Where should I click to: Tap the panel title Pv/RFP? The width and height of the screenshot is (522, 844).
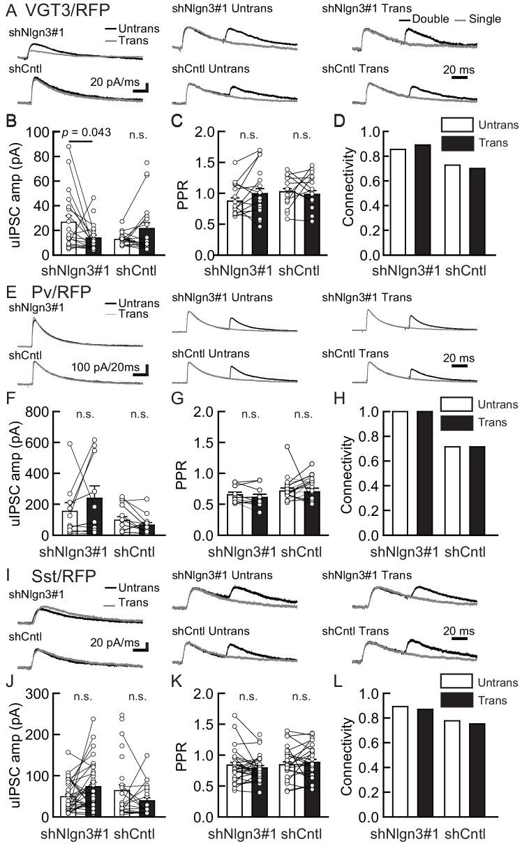pyautogui.click(x=51, y=292)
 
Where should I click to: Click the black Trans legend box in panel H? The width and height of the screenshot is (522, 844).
pyautogui.click(x=457, y=422)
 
